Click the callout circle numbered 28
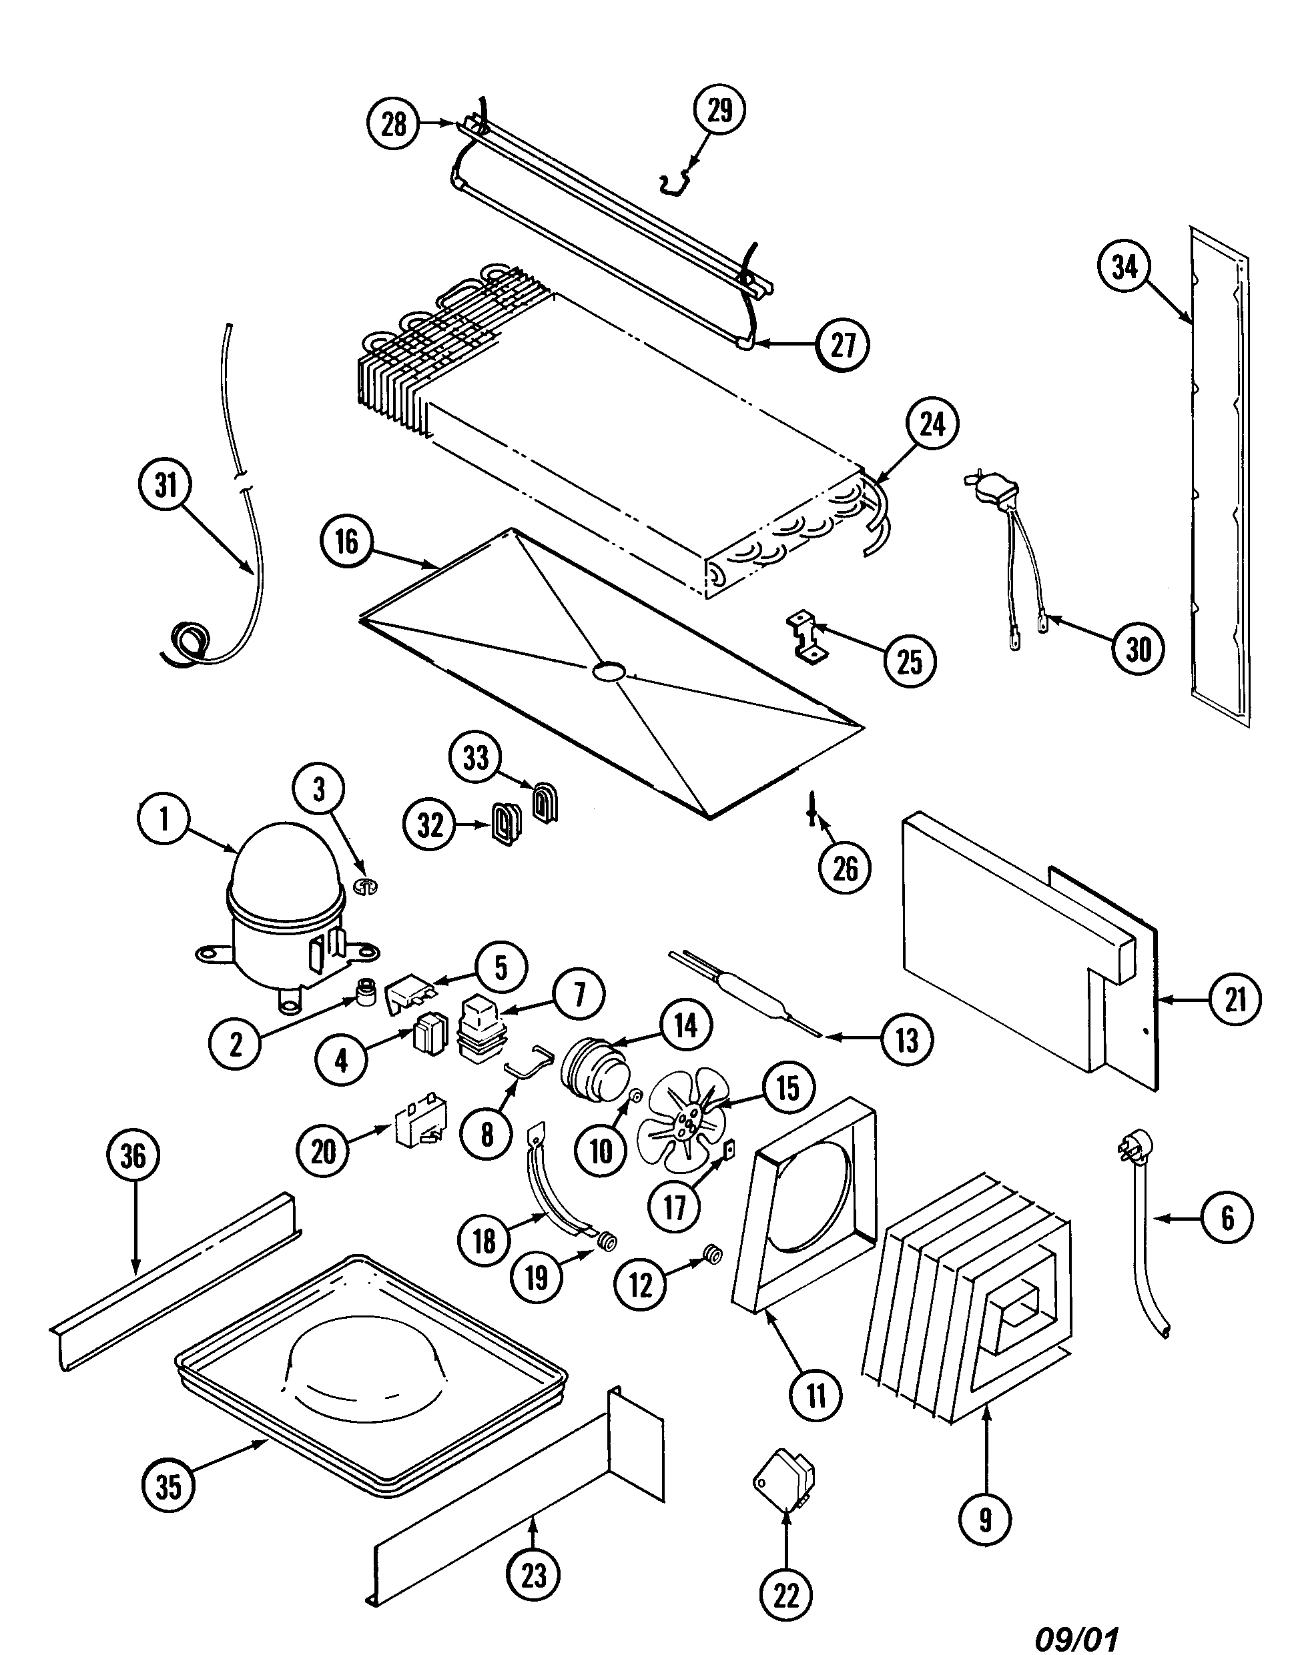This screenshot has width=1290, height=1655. point(393,123)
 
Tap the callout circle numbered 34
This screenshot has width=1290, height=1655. point(1124,267)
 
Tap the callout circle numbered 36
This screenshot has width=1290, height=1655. point(133,1155)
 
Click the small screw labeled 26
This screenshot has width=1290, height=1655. point(812,814)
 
